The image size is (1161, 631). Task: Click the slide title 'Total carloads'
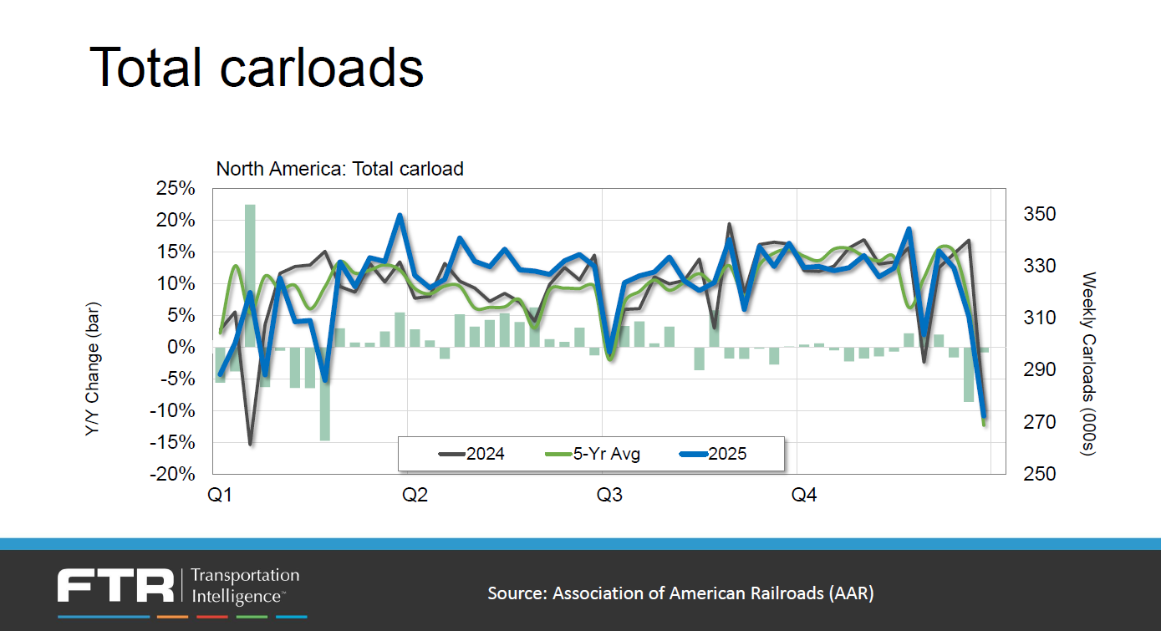click(256, 67)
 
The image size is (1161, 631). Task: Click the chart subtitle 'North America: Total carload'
click(339, 169)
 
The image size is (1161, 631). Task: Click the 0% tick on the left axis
click(181, 347)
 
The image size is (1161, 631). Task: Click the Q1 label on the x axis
click(220, 496)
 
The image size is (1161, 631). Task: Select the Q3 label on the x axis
click(609, 496)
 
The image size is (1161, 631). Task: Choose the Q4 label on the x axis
click(803, 496)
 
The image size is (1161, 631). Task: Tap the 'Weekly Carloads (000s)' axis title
click(1088, 364)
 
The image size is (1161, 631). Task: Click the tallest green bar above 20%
click(250, 275)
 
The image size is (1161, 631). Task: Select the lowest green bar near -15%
click(324, 393)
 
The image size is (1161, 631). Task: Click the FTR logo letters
click(115, 586)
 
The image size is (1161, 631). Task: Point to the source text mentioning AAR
click(680, 593)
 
